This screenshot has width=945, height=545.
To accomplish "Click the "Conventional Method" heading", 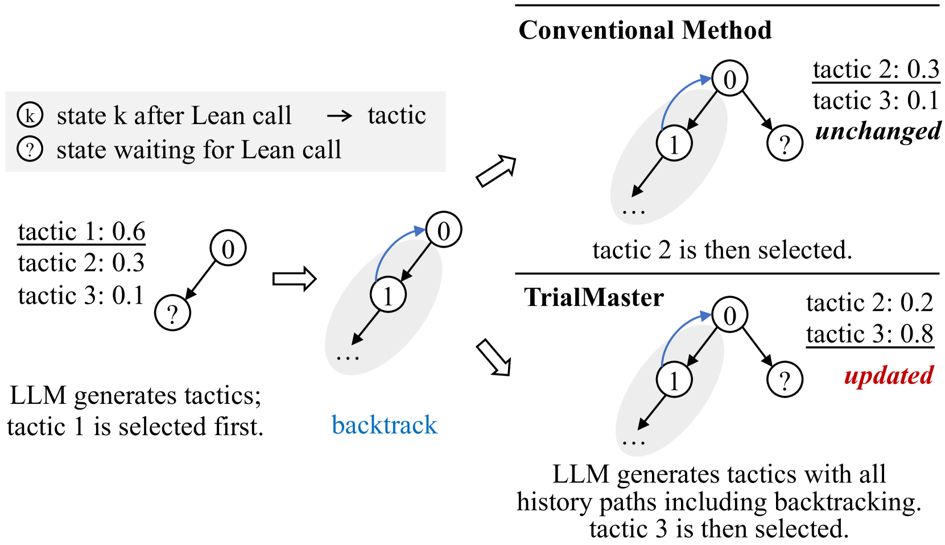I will pos(645,30).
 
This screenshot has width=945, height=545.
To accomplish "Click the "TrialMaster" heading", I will pos(593,297).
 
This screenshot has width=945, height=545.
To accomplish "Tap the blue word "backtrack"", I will pos(384,425).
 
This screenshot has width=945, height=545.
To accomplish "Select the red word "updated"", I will pos(889,375).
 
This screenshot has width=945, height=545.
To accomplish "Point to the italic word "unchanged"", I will pos(878,131).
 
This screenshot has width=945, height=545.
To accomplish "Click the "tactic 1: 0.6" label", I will pos(81,232).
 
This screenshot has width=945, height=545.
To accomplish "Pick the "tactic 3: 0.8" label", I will pos(869,334).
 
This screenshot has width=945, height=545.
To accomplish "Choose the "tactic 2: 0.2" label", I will pos(869,303).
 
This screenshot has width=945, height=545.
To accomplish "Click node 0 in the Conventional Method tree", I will pos(729,79).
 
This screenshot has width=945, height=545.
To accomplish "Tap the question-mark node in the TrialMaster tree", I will pos(785,379).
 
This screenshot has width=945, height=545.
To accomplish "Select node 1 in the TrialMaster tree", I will pos(674,379).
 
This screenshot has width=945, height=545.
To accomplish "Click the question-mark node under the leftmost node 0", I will pos(172,312).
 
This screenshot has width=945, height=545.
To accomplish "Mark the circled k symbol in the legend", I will pos(30,115).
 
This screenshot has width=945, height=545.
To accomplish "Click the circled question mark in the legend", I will pos(30,150).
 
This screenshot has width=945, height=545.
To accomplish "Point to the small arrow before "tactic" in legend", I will pos(340,116).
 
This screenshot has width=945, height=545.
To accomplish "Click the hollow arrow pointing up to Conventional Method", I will pos(496,171).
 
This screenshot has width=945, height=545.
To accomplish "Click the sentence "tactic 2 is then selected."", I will pos(722,250).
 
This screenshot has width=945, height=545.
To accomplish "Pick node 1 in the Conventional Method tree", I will pos(674,143).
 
